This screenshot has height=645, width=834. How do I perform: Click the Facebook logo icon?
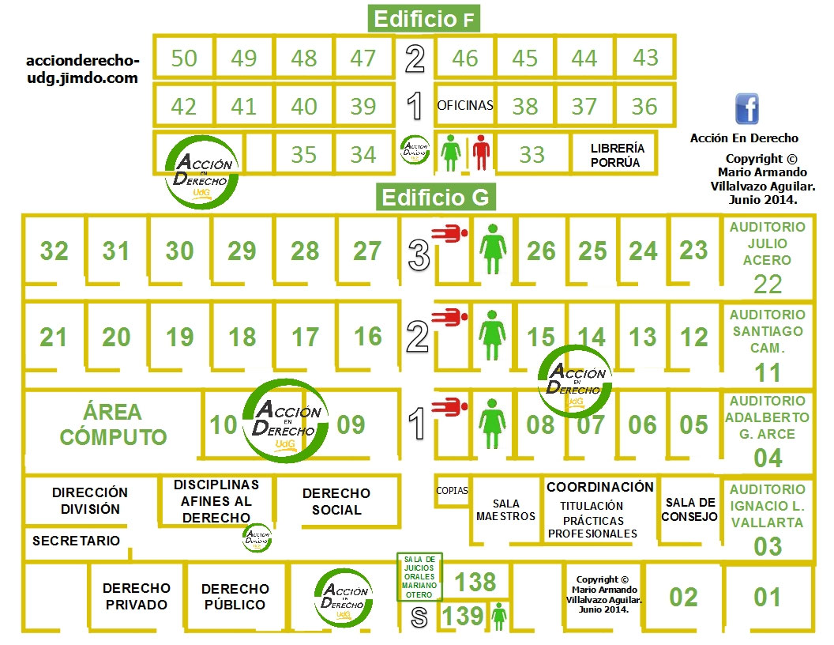tap(746, 108)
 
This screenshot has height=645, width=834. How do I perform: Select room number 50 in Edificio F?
tap(183, 58)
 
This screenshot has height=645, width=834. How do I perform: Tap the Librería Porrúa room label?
tap(618, 155)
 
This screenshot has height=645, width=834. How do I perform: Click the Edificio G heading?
tap(435, 197)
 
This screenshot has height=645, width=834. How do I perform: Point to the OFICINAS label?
tap(465, 105)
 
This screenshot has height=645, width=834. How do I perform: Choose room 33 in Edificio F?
tap(532, 154)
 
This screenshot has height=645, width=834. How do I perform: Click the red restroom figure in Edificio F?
tap(481, 153)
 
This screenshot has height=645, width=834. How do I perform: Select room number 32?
tap(54, 251)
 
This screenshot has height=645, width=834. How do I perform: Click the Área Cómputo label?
tap(113, 424)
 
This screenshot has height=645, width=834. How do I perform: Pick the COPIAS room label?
tap(452, 491)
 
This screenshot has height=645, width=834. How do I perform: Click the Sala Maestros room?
tap(505, 510)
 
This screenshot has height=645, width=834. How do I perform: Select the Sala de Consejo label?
tap(690, 510)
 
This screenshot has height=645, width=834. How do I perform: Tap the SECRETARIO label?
tap(77, 541)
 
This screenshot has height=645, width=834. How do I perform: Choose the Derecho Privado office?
tap(136, 596)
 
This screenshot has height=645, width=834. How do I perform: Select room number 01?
tap(767, 597)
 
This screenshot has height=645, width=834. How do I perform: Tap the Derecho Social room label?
tap(336, 501)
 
